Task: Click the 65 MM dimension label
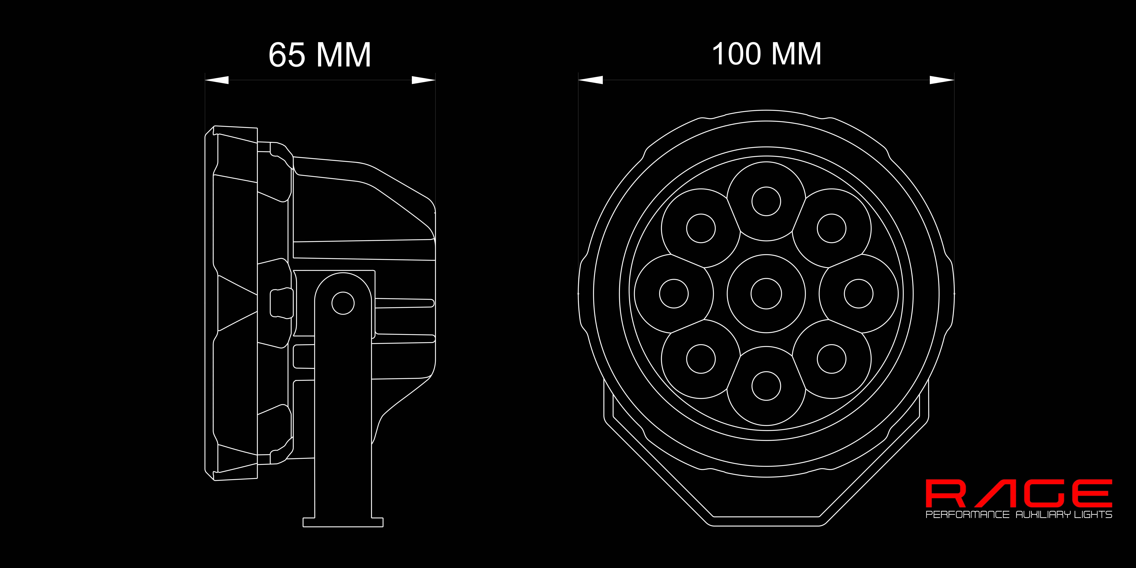[320, 55]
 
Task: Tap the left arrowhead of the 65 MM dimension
[217, 80]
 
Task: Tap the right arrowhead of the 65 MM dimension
[423, 80]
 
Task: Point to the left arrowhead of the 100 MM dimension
[590, 80]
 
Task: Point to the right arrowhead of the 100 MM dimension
[942, 80]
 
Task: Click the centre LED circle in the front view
[766, 294]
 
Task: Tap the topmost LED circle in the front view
[766, 201]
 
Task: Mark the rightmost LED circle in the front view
[859, 294]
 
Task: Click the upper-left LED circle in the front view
[701, 228]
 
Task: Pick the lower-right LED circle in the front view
[831, 359]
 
